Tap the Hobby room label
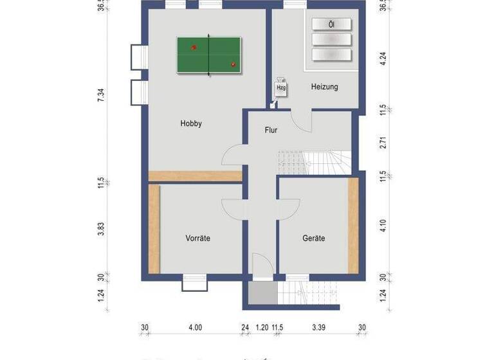coord(191,124)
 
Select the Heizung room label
coord(324,87)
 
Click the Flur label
coord(271,130)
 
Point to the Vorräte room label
coord(197,239)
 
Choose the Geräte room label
coord(313,239)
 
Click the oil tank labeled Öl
coord(332,24)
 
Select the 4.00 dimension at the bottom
coord(195,328)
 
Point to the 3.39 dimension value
coord(318,328)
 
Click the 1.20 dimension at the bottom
coord(262,328)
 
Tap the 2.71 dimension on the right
coord(383,143)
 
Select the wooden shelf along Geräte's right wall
coord(352,225)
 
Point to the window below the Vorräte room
coord(194,282)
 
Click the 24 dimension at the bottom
coord(244,328)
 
